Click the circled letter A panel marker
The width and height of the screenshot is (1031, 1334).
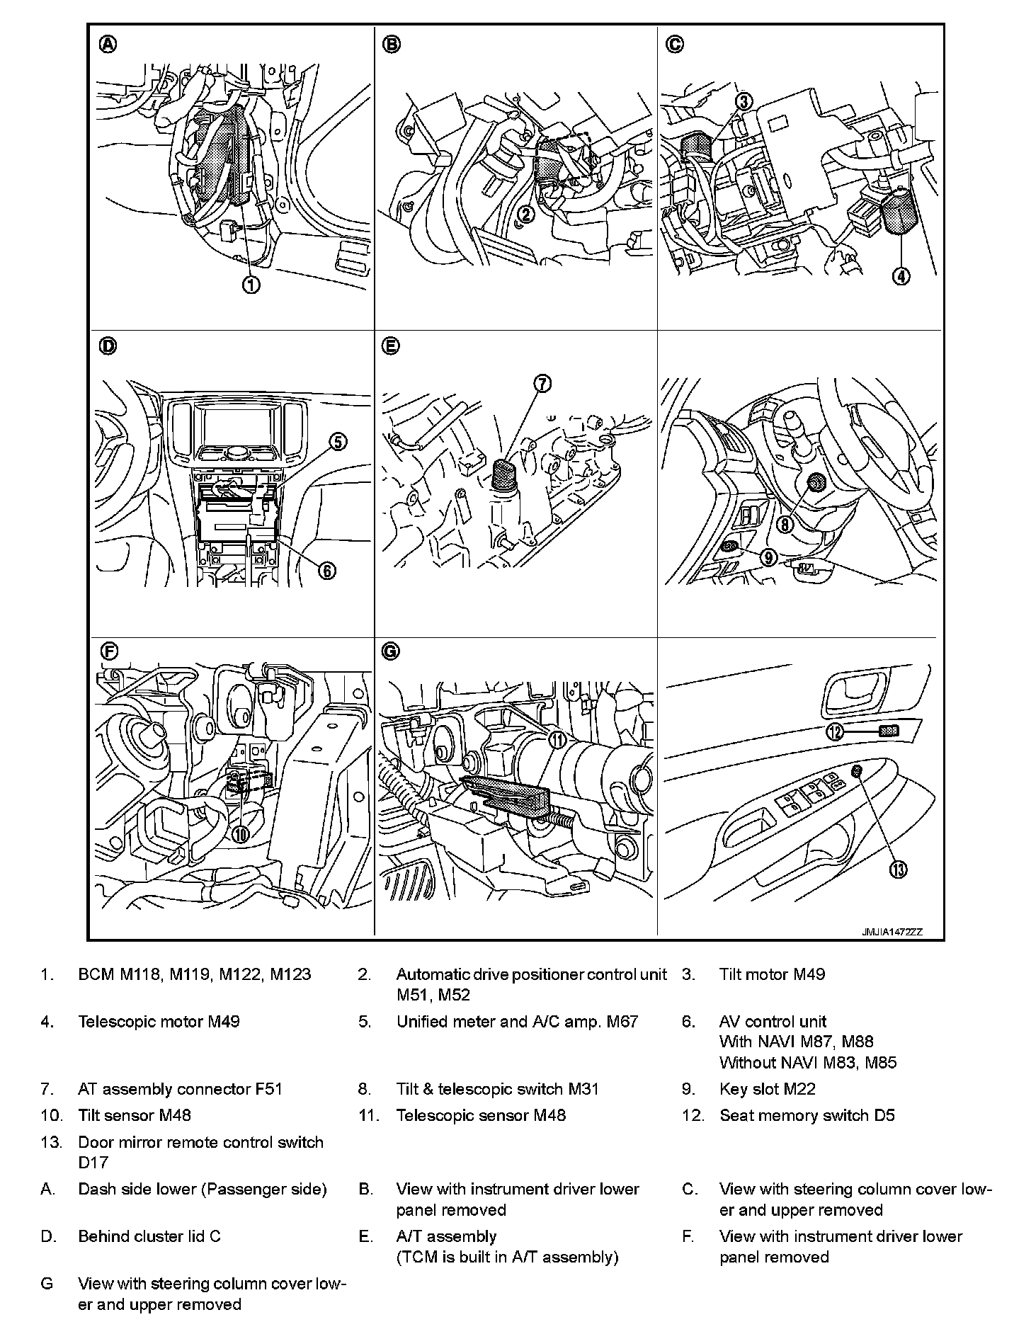[108, 44]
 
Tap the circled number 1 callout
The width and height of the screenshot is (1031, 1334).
[251, 285]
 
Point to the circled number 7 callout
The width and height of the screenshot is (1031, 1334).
[542, 384]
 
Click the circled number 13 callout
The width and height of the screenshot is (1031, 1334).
[898, 870]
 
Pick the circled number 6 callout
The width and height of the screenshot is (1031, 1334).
[326, 570]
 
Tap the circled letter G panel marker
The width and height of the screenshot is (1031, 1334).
[391, 651]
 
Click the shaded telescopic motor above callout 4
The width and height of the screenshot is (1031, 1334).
[897, 212]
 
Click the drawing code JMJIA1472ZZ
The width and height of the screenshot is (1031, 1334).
[892, 933]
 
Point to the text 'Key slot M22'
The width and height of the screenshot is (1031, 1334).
[767, 1089]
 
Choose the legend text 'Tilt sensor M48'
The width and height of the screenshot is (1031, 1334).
[135, 1115]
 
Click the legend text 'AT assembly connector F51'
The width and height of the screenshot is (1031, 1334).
[180, 1089]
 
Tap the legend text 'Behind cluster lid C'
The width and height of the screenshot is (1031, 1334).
[149, 1236]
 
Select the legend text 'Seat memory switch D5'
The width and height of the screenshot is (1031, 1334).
[807, 1115]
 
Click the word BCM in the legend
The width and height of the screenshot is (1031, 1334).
[96, 974]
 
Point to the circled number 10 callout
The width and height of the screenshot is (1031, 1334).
[241, 833]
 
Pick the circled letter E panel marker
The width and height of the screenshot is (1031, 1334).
[390, 346]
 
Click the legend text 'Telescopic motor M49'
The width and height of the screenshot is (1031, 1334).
[159, 1021]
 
